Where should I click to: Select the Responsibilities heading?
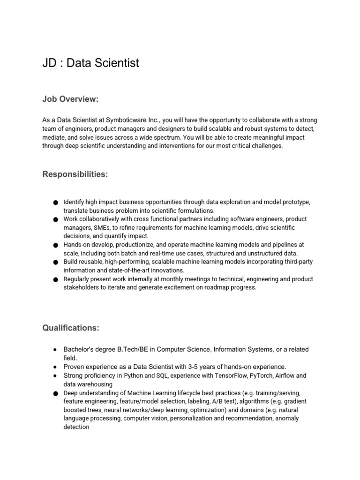(x=75, y=174)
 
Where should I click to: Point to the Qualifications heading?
(x=71, y=328)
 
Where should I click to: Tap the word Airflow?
(x=281, y=376)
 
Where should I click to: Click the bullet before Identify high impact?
(x=55, y=202)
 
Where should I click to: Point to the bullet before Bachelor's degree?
(x=55, y=350)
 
